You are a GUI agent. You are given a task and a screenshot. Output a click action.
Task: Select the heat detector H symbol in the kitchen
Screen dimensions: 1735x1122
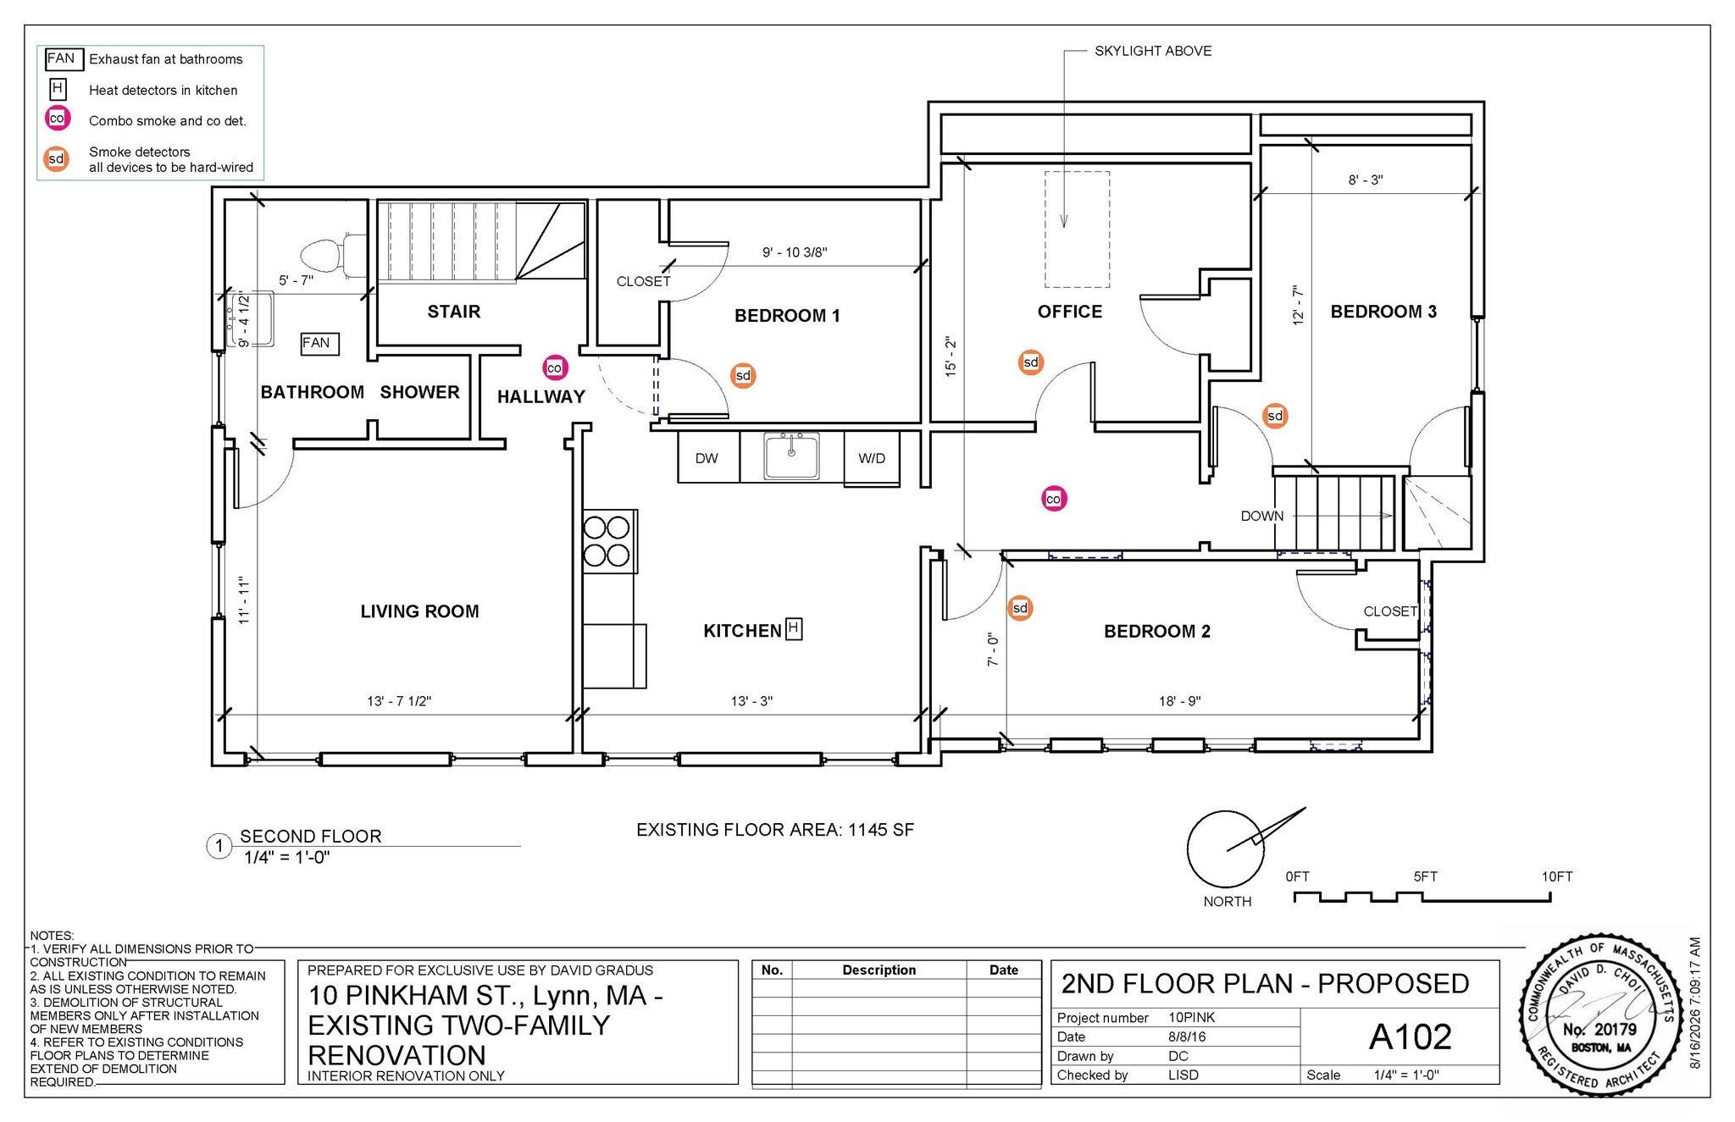click(794, 628)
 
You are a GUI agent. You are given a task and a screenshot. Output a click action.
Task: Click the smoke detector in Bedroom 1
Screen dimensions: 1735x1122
click(743, 376)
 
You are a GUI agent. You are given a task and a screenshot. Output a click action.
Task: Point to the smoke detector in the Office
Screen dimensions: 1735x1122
click(1030, 362)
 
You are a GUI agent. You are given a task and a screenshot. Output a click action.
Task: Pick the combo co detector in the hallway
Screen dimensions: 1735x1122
click(554, 368)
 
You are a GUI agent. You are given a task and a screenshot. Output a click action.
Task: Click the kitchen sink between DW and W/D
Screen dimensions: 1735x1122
click(791, 456)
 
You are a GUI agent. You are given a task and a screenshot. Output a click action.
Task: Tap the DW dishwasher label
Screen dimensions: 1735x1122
click(707, 458)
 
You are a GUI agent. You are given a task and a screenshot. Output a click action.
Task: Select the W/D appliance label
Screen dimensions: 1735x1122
click(872, 458)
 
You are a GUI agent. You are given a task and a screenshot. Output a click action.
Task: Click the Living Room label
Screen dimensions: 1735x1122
click(419, 611)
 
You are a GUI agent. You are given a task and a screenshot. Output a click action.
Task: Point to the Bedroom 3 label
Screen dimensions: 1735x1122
click(1383, 312)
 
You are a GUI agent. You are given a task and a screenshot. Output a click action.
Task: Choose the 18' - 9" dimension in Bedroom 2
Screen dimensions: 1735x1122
click(1180, 701)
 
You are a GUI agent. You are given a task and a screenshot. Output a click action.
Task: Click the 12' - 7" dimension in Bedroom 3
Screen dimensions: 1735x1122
click(1298, 306)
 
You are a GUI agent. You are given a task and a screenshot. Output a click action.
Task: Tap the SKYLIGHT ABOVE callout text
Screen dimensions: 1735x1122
click(1153, 51)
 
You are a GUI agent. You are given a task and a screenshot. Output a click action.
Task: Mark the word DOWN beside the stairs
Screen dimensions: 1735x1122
click(1262, 516)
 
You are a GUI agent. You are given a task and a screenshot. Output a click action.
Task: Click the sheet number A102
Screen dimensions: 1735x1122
click(1410, 1036)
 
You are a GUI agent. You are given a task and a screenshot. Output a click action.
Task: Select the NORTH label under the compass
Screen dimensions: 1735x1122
click(1228, 902)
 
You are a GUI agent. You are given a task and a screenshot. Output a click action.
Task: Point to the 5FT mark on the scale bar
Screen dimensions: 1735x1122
click(1425, 877)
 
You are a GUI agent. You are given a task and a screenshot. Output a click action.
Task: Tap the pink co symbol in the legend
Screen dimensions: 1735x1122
click(57, 119)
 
